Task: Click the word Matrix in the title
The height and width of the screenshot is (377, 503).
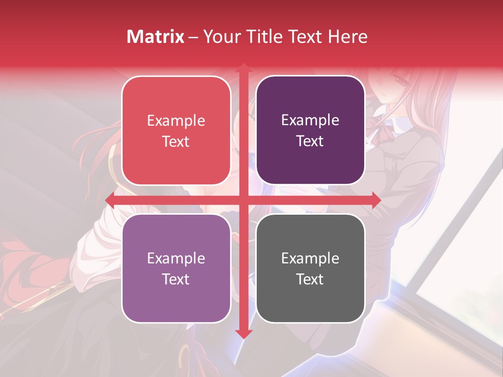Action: click(x=156, y=37)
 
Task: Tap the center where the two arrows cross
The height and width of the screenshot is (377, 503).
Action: click(x=243, y=200)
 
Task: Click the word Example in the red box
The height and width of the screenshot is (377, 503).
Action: click(x=176, y=121)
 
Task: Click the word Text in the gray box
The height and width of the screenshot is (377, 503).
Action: click(x=310, y=279)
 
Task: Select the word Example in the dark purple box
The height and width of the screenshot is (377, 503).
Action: click(x=310, y=120)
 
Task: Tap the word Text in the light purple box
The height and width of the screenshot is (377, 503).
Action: click(x=176, y=279)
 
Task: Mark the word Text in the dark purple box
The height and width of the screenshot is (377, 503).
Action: click(x=310, y=141)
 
